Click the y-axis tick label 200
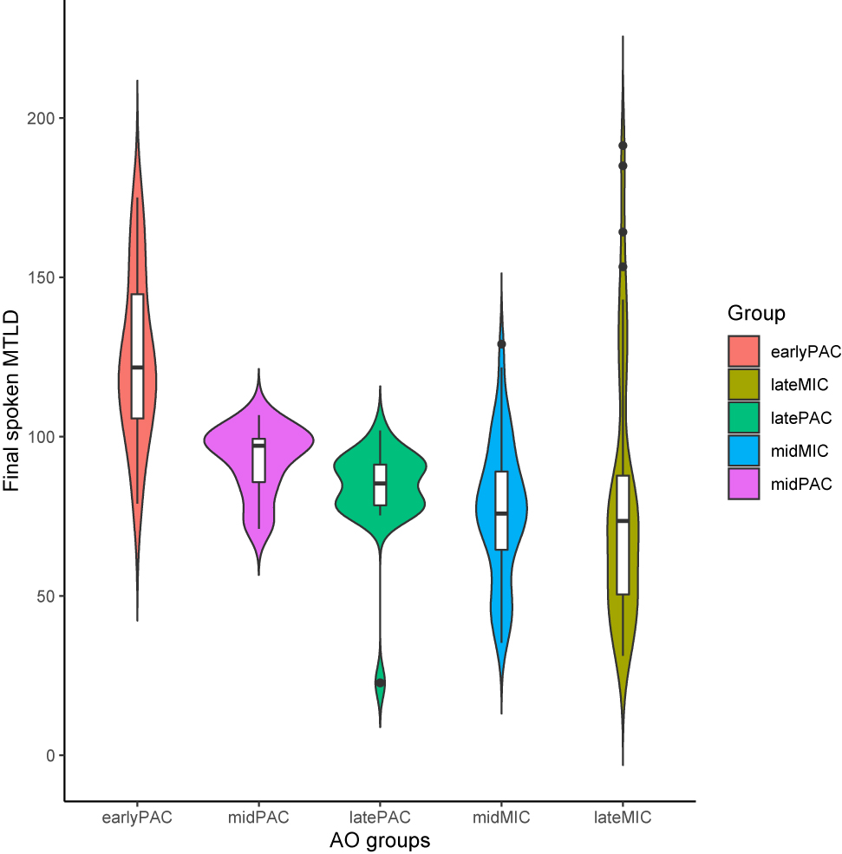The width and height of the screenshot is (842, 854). pyautogui.click(x=44, y=118)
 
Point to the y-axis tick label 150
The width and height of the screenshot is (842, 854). pyautogui.click(x=44, y=277)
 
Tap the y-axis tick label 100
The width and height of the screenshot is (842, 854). pyautogui.click(x=44, y=437)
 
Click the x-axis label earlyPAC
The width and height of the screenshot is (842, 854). pyautogui.click(x=137, y=818)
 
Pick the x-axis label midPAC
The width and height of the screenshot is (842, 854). pyautogui.click(x=258, y=818)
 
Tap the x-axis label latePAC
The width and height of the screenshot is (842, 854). pyautogui.click(x=380, y=818)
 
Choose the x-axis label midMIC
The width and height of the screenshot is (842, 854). pyautogui.click(x=501, y=818)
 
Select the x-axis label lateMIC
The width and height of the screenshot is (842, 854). pyautogui.click(x=623, y=818)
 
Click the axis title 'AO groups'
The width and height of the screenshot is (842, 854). pyautogui.click(x=380, y=840)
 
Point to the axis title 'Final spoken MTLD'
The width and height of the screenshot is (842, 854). pyautogui.click(x=12, y=392)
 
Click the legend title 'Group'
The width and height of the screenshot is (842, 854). pyautogui.click(x=756, y=313)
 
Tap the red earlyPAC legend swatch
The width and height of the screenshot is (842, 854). pyautogui.click(x=743, y=351)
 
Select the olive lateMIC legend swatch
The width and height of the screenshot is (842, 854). pyautogui.click(x=743, y=384)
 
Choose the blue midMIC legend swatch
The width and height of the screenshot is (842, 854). pyautogui.click(x=743, y=450)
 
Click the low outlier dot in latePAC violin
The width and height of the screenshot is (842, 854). pyautogui.click(x=380, y=683)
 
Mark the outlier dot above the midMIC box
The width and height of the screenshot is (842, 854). pyautogui.click(x=501, y=344)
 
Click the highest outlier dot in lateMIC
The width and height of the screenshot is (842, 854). pyautogui.click(x=623, y=146)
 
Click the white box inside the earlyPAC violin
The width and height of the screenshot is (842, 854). pyautogui.click(x=137, y=355)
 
